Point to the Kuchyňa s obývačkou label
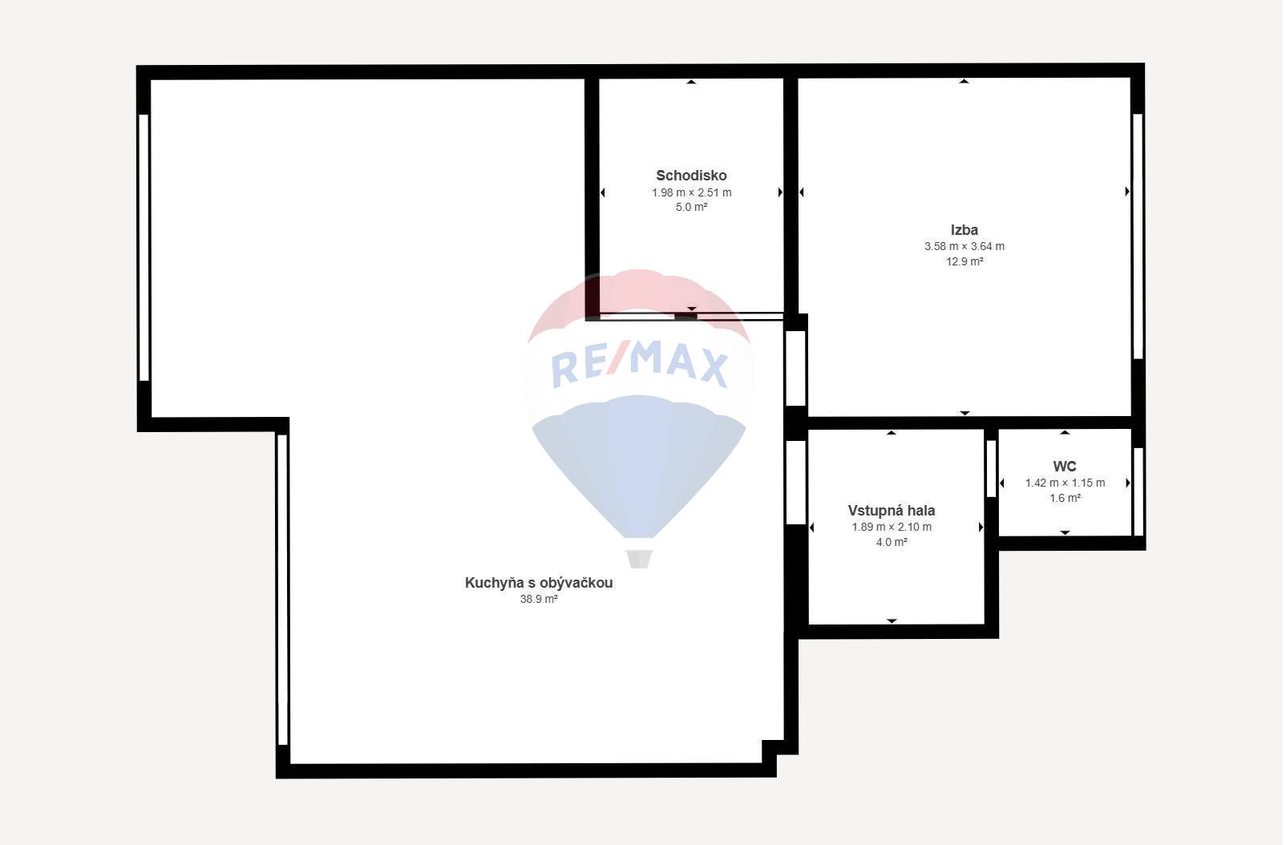point(540,583)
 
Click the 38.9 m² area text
point(540,600)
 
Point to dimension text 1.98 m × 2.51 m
point(693,193)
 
